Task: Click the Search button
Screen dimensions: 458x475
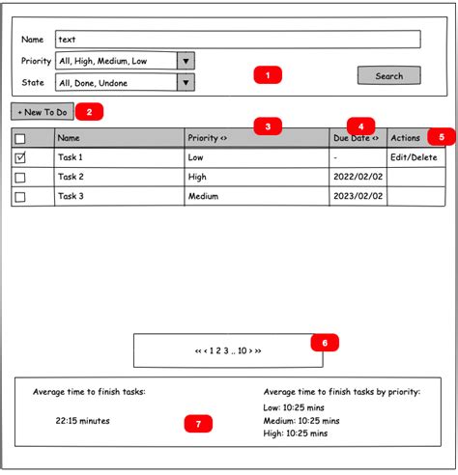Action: click(388, 75)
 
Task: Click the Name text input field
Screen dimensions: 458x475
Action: click(238, 40)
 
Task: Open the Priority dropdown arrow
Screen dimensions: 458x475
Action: click(186, 61)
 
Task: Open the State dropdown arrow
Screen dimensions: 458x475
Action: click(186, 83)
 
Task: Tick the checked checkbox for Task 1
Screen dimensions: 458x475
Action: click(20, 157)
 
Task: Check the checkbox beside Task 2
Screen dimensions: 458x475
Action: click(20, 177)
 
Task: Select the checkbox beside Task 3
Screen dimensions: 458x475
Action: click(20, 197)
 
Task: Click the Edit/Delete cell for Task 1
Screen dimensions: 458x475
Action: click(414, 157)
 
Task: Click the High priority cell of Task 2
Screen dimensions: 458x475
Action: click(197, 177)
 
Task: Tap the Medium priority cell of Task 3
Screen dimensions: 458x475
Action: click(203, 197)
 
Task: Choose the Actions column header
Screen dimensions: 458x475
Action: click(406, 138)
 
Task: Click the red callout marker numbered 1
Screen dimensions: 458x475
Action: click(267, 74)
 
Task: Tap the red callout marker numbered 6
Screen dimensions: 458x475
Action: click(325, 342)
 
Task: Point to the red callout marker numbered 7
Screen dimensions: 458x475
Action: click(198, 424)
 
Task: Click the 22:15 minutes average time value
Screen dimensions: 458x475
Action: click(83, 421)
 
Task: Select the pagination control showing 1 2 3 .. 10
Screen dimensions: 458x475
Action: click(227, 350)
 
